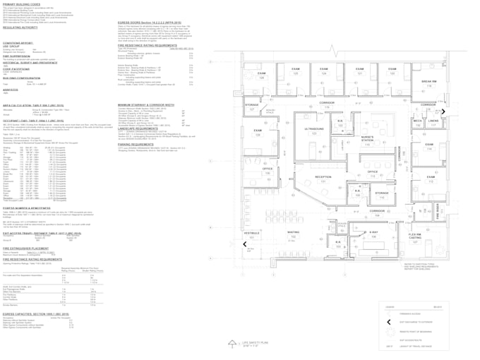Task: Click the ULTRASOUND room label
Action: pos(314,129)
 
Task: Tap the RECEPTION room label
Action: pos(323,177)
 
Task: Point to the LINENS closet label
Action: pos(433,121)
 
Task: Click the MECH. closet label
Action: pos(417,121)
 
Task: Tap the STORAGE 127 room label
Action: pos(252,105)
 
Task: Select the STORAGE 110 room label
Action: pos(381,193)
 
